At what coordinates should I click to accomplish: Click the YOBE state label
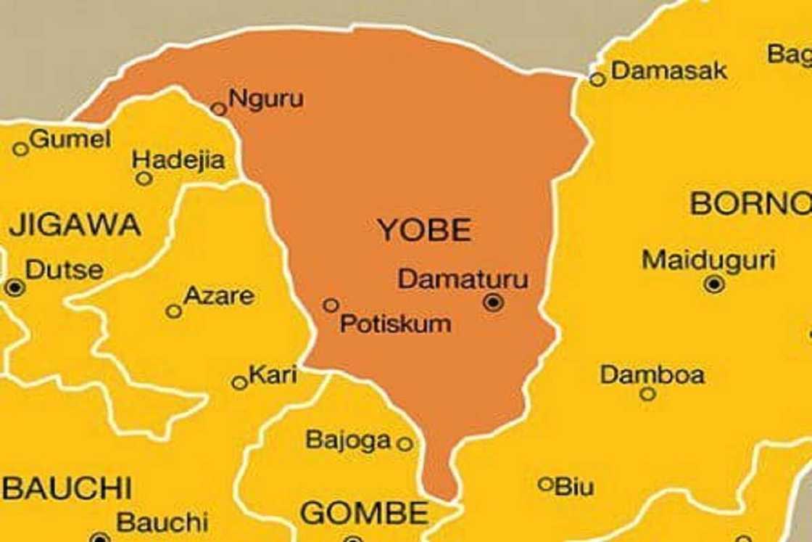coord(424,231)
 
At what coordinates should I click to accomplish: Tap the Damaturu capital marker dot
coord(494,303)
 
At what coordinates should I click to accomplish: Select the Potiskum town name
coord(395,324)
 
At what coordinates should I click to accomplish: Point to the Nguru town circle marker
coord(218,109)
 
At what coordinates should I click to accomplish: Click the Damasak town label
coord(668,70)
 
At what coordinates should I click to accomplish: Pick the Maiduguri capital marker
coord(714,284)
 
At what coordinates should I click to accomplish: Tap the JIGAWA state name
coord(75,225)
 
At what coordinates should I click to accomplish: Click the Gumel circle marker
coord(20,149)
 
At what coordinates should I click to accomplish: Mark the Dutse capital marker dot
coord(14,287)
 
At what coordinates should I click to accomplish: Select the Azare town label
coord(218,295)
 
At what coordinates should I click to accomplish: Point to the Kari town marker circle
coord(239,383)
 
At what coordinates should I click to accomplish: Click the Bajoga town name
coord(348,440)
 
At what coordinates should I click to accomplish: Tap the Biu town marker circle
coord(546,484)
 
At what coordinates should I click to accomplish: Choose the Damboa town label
coord(652,375)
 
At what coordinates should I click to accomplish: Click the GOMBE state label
coord(364,514)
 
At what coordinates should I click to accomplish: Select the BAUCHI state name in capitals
coord(67,488)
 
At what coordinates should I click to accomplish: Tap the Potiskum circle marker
coord(331,305)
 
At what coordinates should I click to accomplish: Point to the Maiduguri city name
coord(708,260)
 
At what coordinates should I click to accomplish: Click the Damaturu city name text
coord(463,279)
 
